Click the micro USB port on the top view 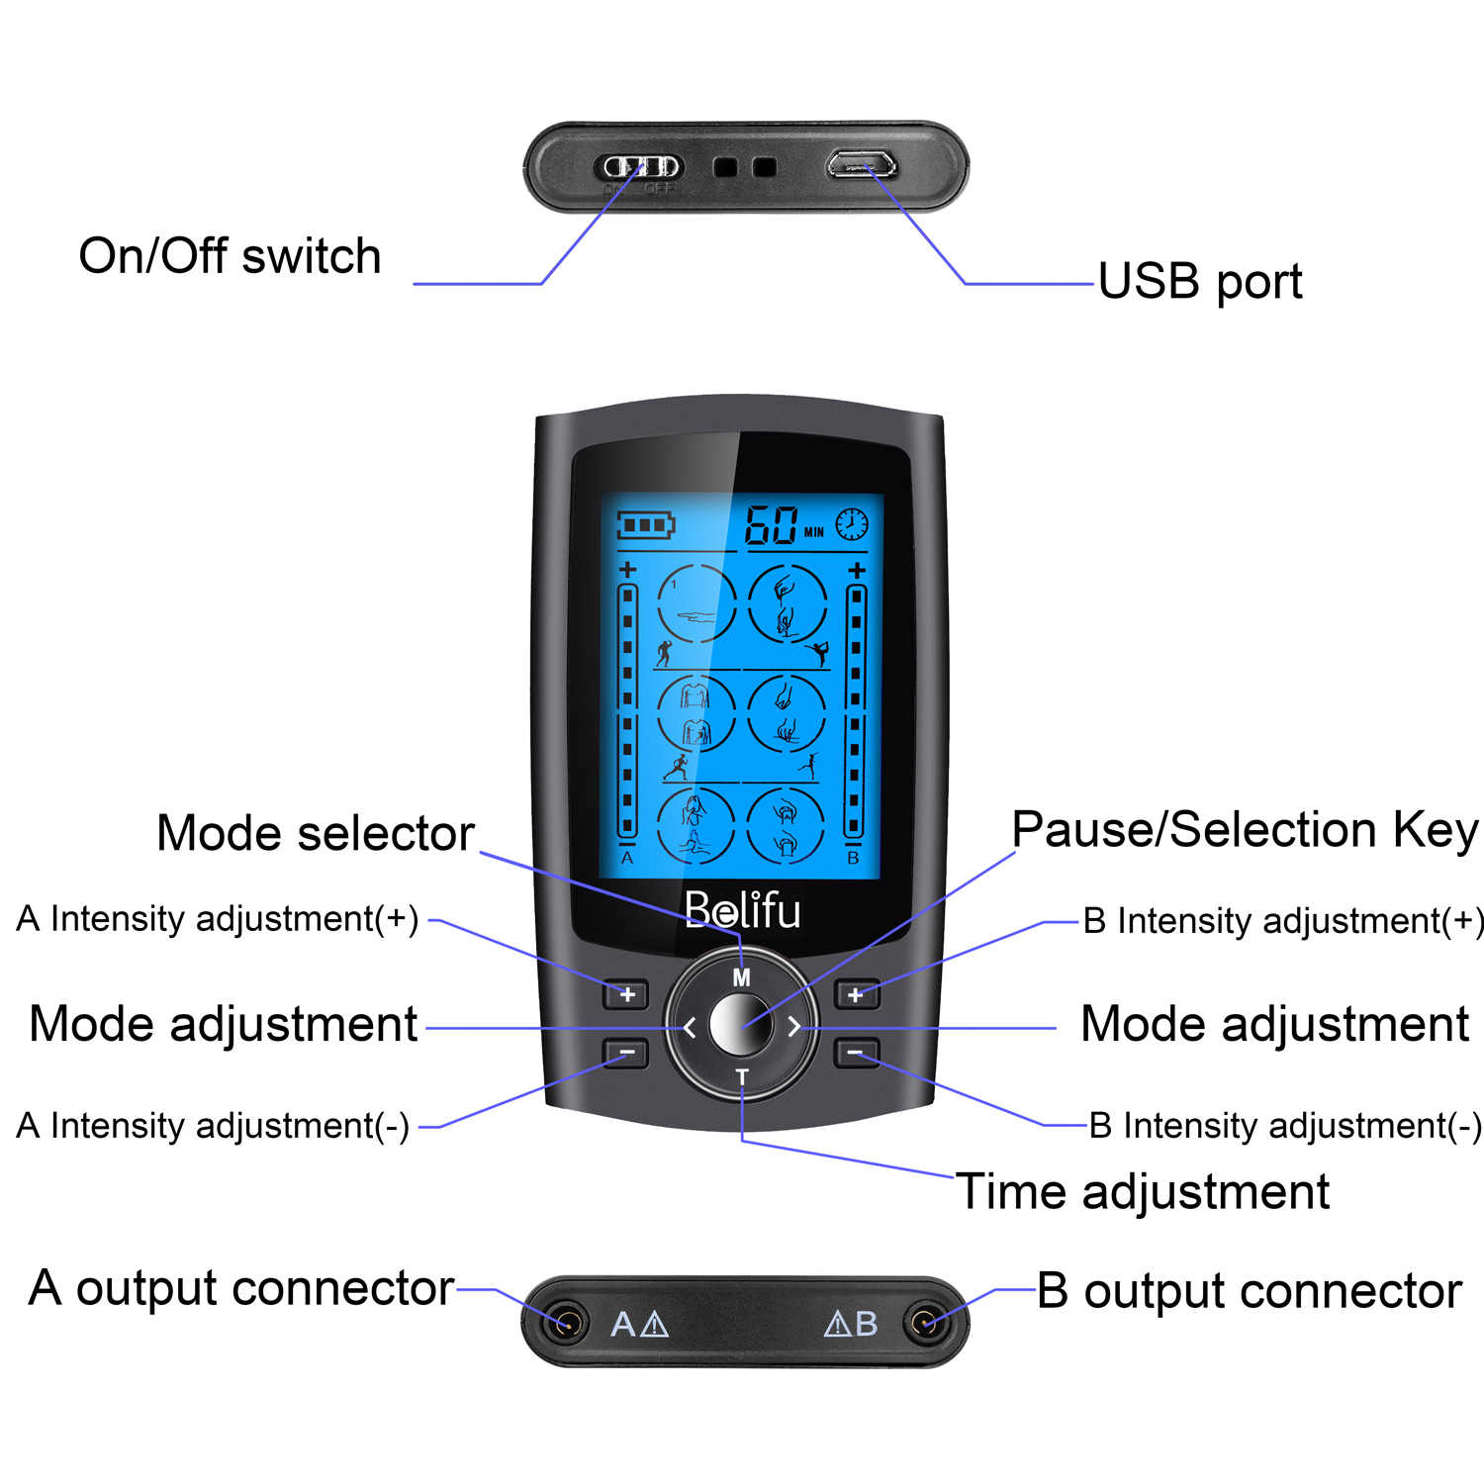(862, 163)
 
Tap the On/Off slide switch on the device (642, 166)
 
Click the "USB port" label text (1199, 282)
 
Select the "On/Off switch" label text (230, 256)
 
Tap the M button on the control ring (741, 977)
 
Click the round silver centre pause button (741, 1025)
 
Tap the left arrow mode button (690, 1028)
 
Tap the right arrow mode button (793, 1027)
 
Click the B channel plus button (856, 994)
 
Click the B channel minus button (856, 1052)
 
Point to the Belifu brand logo (742, 910)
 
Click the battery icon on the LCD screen (645, 524)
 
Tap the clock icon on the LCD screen (852, 523)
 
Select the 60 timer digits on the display (772, 525)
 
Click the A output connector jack (565, 1323)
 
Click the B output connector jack (925, 1323)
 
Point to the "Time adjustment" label (1143, 1192)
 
